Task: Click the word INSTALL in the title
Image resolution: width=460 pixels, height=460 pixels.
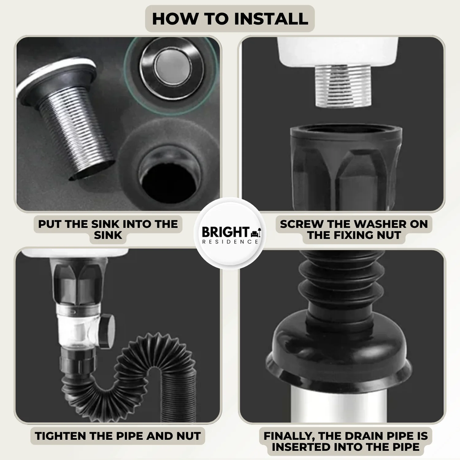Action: [x=271, y=19]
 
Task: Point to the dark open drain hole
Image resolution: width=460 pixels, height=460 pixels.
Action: [x=169, y=181]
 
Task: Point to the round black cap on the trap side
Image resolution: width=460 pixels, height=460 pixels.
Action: [x=108, y=331]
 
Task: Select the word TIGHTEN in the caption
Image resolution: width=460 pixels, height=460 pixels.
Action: [x=60, y=436]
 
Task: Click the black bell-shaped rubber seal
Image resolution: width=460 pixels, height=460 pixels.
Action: [x=339, y=347]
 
